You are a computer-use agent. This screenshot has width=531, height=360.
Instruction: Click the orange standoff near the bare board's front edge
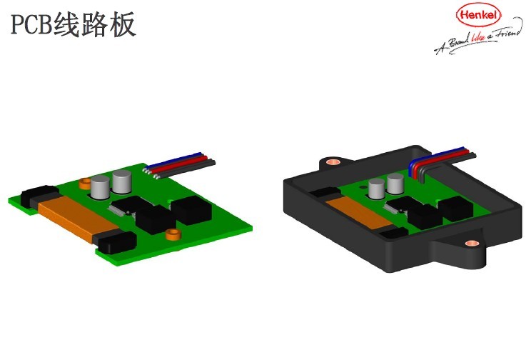171,234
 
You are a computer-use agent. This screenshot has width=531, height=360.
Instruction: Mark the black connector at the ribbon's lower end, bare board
116,244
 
